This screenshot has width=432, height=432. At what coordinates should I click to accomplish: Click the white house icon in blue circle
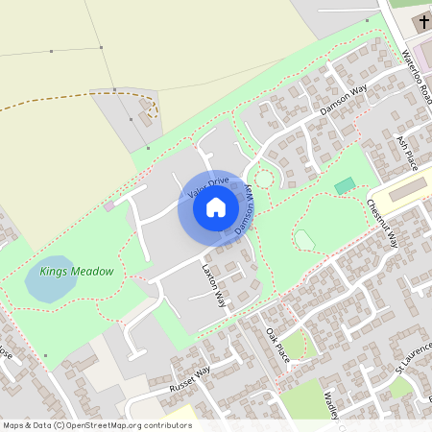coord(216,206)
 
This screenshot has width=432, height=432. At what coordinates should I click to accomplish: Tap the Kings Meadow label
coord(77,272)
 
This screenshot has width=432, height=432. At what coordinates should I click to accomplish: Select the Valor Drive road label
coord(208,185)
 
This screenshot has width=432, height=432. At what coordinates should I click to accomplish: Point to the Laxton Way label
coord(213,285)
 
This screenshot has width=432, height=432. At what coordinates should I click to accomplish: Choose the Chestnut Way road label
coord(382,224)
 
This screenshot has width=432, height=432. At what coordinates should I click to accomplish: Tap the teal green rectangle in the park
coord(344,184)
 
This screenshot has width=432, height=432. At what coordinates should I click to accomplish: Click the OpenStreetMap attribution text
coord(97,424)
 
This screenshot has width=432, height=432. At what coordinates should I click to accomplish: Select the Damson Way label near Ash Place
coord(344,100)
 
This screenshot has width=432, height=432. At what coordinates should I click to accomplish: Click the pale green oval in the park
coord(304,239)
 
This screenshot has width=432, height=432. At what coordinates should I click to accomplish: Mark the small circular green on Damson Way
coord(262,180)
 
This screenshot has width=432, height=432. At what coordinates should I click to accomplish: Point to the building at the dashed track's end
coord(149,118)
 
